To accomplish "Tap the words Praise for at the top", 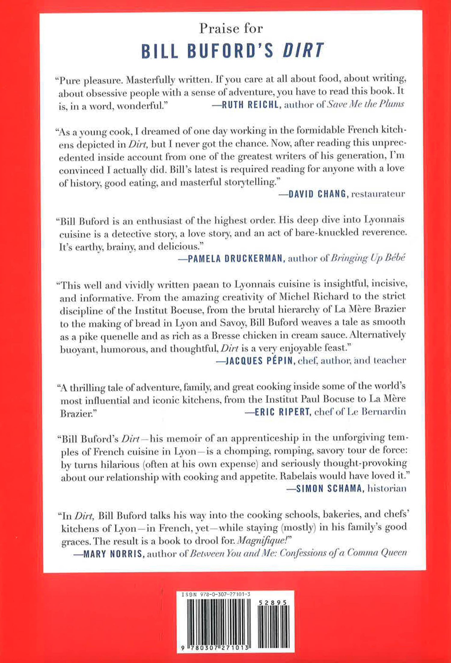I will (x=231, y=29).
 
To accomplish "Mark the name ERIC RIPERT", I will (x=282, y=412).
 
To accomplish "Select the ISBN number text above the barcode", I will (x=216, y=594).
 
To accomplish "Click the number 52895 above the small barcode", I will (x=272, y=603).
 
